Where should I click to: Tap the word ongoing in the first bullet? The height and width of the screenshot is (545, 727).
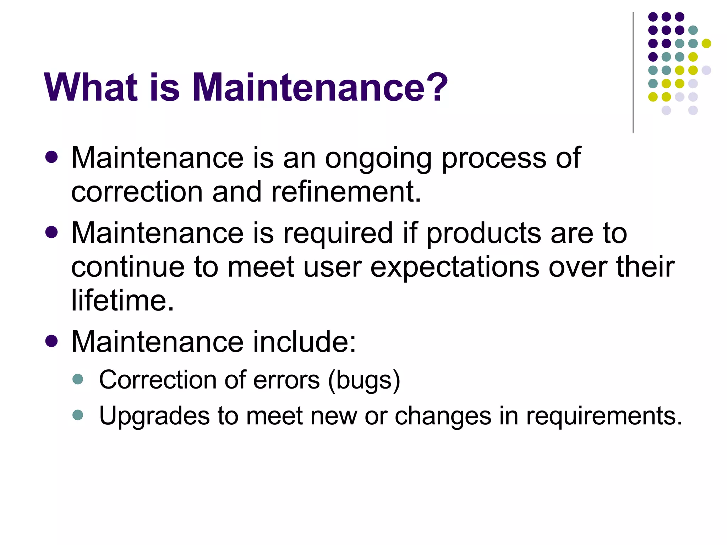(x=378, y=159)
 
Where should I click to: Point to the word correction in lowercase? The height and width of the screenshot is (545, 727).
(x=137, y=192)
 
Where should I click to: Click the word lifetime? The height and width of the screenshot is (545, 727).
(x=122, y=301)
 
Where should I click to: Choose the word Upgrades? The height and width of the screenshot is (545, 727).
(x=154, y=416)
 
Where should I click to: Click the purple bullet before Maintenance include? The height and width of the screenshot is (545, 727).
(x=52, y=341)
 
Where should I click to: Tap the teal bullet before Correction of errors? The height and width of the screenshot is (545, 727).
(x=77, y=379)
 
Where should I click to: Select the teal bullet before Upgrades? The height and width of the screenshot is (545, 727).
(x=77, y=415)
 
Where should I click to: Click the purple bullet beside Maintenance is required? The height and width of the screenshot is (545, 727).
(x=52, y=232)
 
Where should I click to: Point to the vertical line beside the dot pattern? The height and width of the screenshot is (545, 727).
(x=633, y=73)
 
